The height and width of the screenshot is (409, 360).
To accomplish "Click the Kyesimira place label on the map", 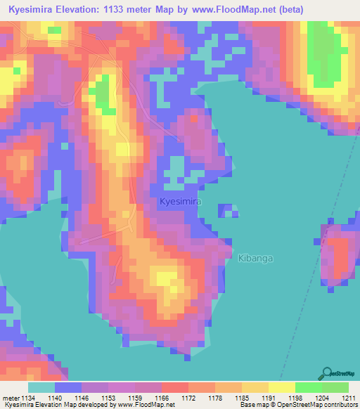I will point(180,201).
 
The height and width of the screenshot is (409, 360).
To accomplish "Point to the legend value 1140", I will point(63,398).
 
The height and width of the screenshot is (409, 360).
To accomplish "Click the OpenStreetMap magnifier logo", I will point(326,373).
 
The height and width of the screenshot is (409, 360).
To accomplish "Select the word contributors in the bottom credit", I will point(340,405).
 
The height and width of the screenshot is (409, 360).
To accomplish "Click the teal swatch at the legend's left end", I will point(41,387).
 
